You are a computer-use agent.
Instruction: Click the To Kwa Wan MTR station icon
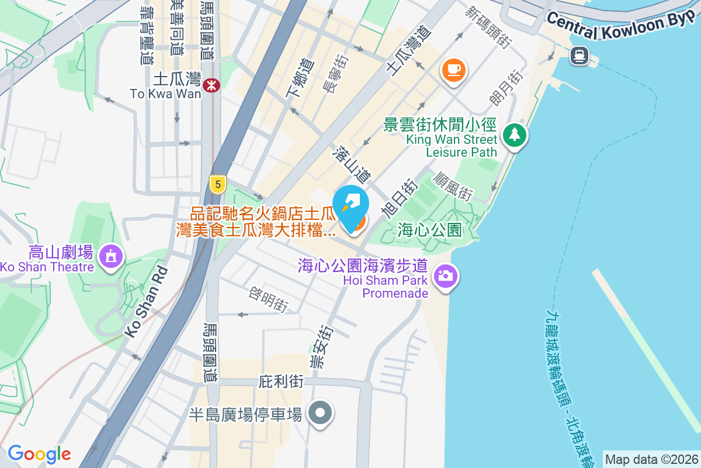pos(211,86)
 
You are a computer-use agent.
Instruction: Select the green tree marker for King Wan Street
pos(515,135)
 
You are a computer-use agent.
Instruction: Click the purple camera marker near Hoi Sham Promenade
pos(445,275)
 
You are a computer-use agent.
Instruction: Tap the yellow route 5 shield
pos(218,185)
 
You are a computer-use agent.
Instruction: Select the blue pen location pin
pos(350,207)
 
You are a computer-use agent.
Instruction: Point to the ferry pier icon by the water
pos(579,56)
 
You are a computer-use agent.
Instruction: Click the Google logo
pos(39,454)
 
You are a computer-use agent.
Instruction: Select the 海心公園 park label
pos(429,230)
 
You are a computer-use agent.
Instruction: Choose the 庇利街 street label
pos(281,382)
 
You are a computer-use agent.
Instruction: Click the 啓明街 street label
pos(269,298)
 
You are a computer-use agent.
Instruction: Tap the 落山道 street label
pos(352,167)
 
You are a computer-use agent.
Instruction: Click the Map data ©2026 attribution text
pos(651,460)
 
